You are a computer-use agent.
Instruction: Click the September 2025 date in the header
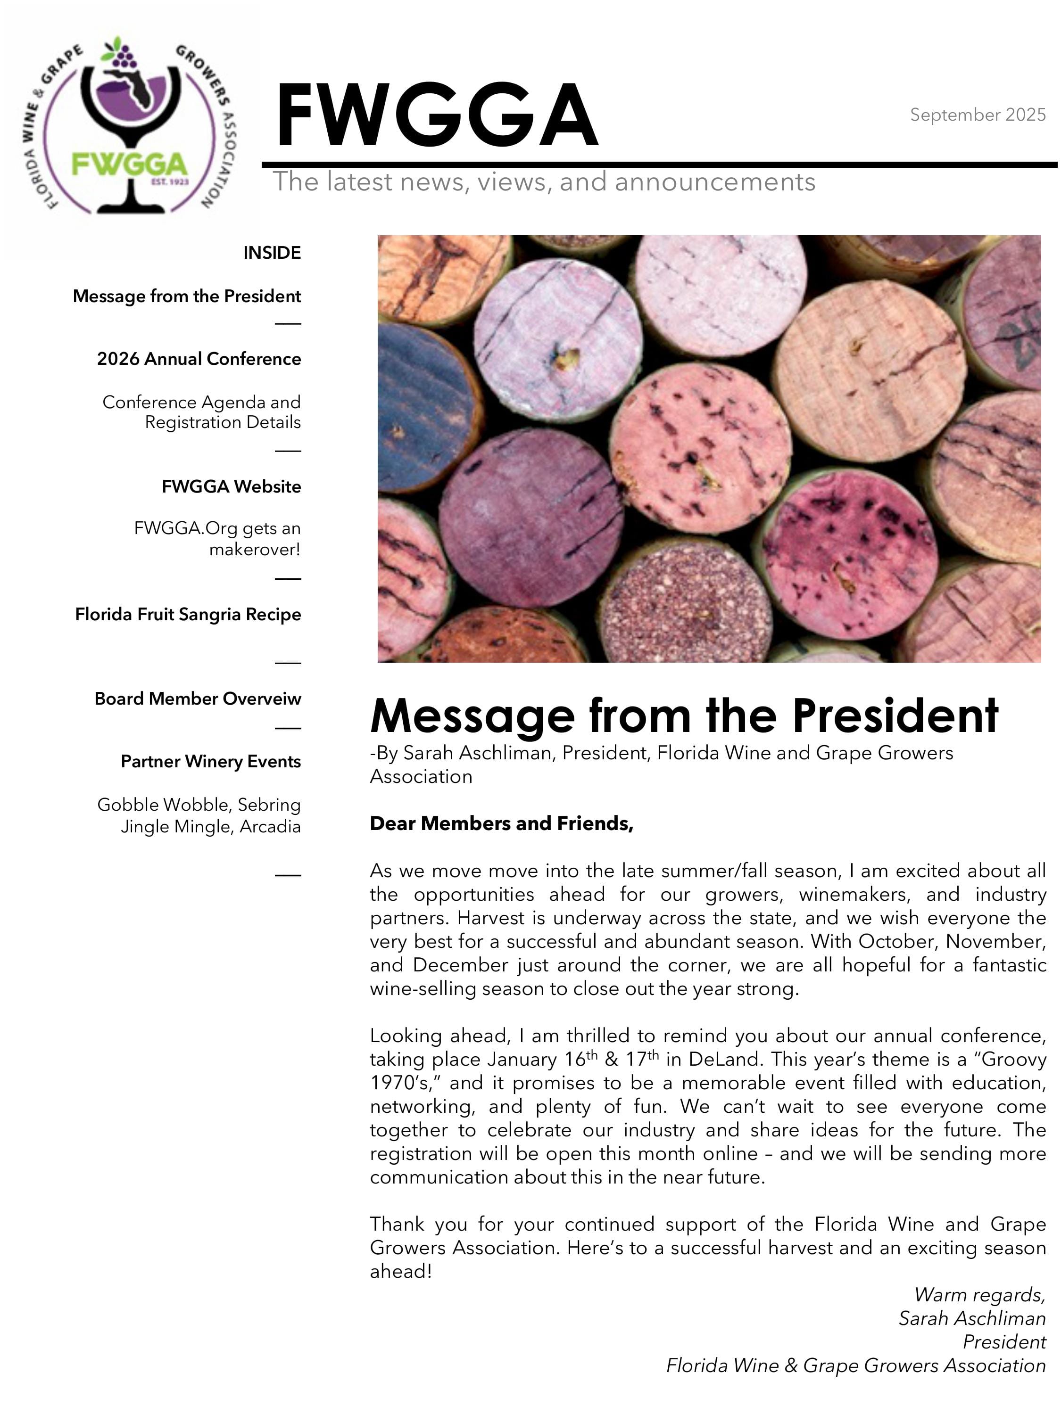point(977,115)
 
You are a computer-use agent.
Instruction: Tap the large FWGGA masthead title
point(436,116)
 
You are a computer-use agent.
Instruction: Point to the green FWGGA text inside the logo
point(130,165)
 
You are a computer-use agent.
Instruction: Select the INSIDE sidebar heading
point(272,253)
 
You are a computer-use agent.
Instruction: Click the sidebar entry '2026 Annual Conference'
point(199,359)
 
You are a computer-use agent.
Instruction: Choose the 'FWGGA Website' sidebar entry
point(231,486)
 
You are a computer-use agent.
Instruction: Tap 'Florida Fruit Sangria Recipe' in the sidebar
point(188,614)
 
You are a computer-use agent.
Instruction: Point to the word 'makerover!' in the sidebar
point(255,549)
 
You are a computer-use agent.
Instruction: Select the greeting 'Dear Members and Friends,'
point(501,823)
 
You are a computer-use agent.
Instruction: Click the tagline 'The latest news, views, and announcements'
point(544,182)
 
